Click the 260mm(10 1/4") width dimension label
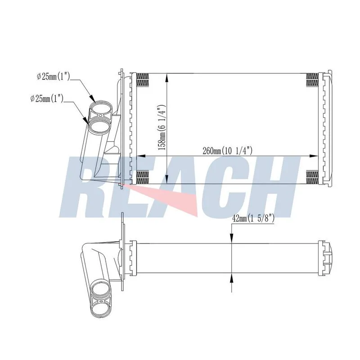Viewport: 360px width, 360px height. coord(228,151)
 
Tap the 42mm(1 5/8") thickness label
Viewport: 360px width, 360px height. coord(253,218)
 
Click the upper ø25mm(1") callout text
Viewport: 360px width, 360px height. coord(53,76)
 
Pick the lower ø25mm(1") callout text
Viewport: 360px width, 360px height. coord(47,99)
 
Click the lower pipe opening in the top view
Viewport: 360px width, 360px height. coord(99,126)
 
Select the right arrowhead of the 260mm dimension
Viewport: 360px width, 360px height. coord(314,156)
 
